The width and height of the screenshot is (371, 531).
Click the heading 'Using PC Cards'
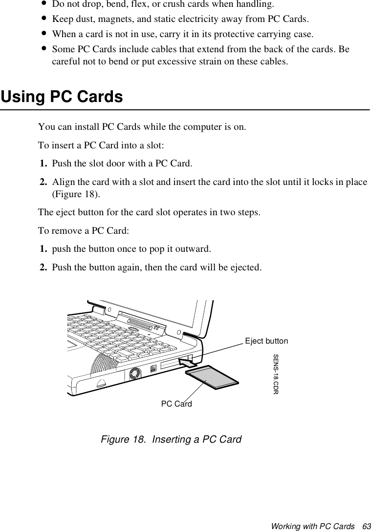coord(62,97)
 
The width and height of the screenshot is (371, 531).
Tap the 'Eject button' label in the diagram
coord(266,341)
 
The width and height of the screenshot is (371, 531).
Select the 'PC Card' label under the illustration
coord(176,404)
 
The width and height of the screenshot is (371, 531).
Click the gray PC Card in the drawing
coord(212,378)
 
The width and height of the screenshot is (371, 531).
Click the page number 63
coord(366,527)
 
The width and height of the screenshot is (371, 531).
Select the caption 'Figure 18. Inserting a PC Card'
coord(171,439)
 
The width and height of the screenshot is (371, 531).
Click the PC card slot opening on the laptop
coord(170,363)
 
